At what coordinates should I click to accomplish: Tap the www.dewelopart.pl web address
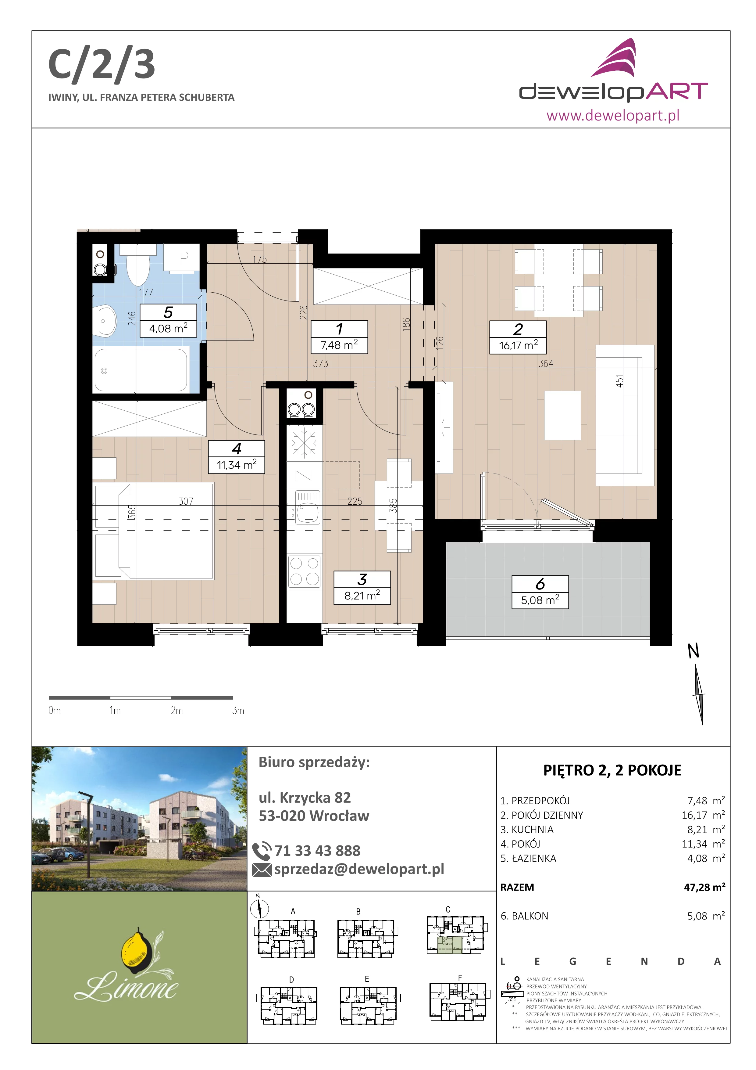click(x=613, y=115)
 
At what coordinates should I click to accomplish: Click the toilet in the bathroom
click(x=138, y=265)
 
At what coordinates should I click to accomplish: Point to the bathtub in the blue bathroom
click(x=141, y=370)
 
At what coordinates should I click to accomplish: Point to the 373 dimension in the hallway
click(x=320, y=363)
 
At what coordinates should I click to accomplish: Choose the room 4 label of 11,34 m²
click(x=237, y=457)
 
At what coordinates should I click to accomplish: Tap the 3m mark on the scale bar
click(x=238, y=710)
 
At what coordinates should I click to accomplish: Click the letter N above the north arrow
click(x=694, y=651)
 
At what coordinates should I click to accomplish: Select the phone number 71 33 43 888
click(x=317, y=851)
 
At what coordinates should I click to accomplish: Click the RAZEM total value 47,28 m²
click(x=704, y=887)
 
